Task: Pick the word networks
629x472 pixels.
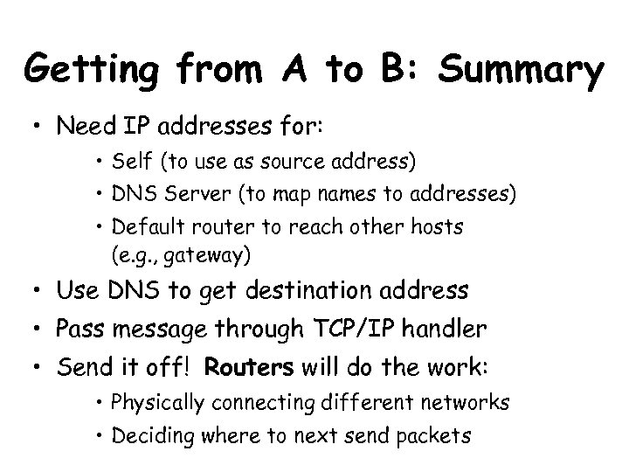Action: coord(468,405)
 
